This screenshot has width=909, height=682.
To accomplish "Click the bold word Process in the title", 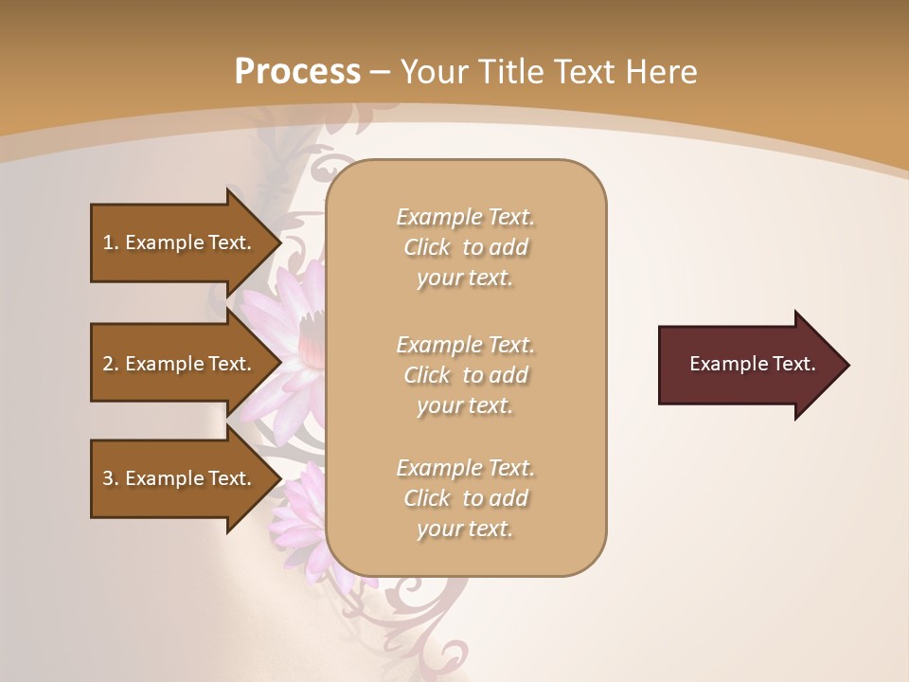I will tap(297, 72).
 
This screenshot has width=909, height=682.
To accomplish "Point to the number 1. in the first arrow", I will tap(111, 242).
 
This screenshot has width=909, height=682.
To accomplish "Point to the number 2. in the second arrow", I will tap(111, 364).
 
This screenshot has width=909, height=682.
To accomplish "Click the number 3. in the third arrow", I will tap(111, 478).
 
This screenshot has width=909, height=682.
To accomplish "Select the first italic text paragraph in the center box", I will tap(465, 247).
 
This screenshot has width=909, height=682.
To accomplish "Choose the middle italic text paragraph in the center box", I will tap(465, 375).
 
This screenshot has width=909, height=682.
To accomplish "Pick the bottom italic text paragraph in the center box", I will tap(465, 498).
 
